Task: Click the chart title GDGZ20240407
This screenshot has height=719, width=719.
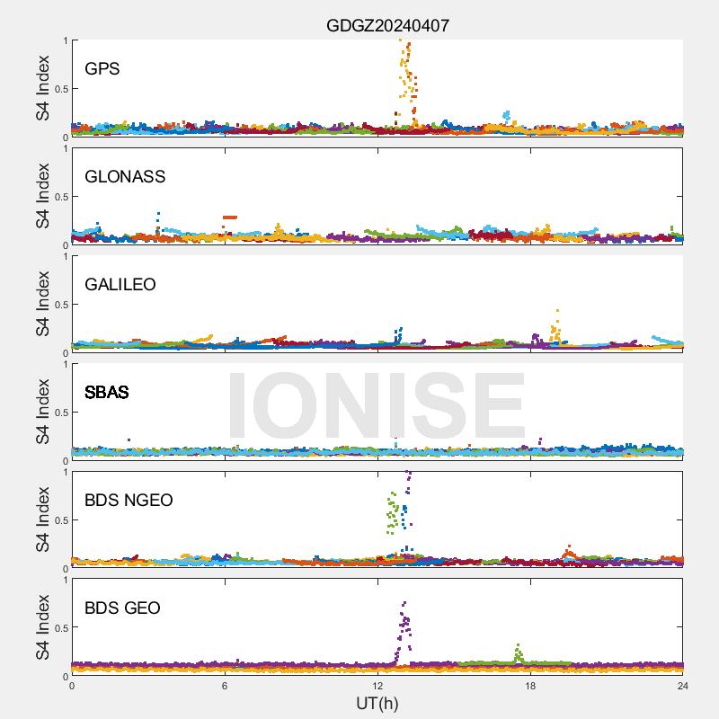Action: click(387, 26)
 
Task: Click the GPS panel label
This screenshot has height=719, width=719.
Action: click(102, 69)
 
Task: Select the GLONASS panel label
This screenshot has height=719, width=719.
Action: click(125, 177)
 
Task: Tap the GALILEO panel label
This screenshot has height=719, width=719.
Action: click(120, 285)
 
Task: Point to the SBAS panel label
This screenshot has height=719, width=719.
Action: click(106, 393)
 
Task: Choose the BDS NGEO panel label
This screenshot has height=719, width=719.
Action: click(129, 501)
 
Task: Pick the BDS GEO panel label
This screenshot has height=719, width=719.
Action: click(122, 608)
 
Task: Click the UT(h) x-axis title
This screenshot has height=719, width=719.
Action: click(377, 703)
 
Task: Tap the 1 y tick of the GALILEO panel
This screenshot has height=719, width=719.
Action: click(63, 256)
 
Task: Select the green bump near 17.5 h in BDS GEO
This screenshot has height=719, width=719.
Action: click(518, 652)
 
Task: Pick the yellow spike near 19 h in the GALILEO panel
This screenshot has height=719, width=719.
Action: click(556, 328)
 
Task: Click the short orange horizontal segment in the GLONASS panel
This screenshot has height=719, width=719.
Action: click(230, 217)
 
